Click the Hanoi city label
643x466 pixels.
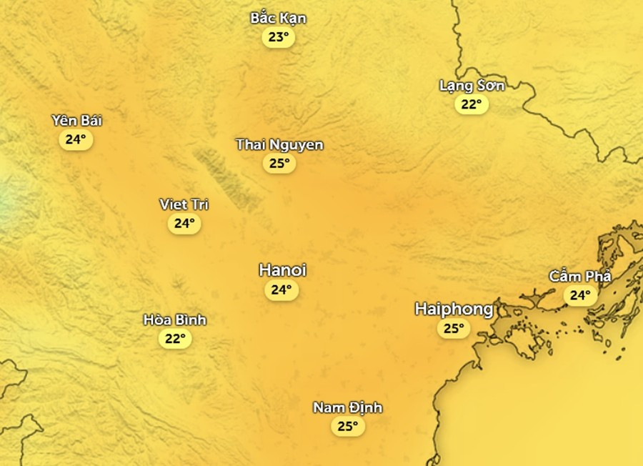[x=282, y=270]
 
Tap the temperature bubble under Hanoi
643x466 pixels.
[x=280, y=290]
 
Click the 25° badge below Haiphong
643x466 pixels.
[x=453, y=329]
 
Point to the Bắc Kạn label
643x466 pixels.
[x=278, y=18]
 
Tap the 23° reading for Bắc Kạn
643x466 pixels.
[x=278, y=37]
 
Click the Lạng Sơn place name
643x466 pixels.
[x=472, y=86]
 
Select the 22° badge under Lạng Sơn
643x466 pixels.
[x=471, y=105]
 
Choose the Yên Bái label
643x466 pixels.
[x=76, y=120]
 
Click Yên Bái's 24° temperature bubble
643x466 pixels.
[x=76, y=139]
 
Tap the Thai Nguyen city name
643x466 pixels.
[x=279, y=145]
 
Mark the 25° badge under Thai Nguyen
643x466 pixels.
[x=279, y=164]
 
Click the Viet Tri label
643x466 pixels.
[x=184, y=205]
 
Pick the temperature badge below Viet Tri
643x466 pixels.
[x=184, y=224]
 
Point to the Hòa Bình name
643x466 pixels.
[x=174, y=319]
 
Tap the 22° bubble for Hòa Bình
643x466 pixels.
[x=174, y=339]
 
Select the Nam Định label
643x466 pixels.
[x=347, y=408]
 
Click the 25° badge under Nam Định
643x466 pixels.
[x=347, y=427]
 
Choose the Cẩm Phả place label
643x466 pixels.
[x=580, y=277]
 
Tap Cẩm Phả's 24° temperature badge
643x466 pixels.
[x=579, y=295]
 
